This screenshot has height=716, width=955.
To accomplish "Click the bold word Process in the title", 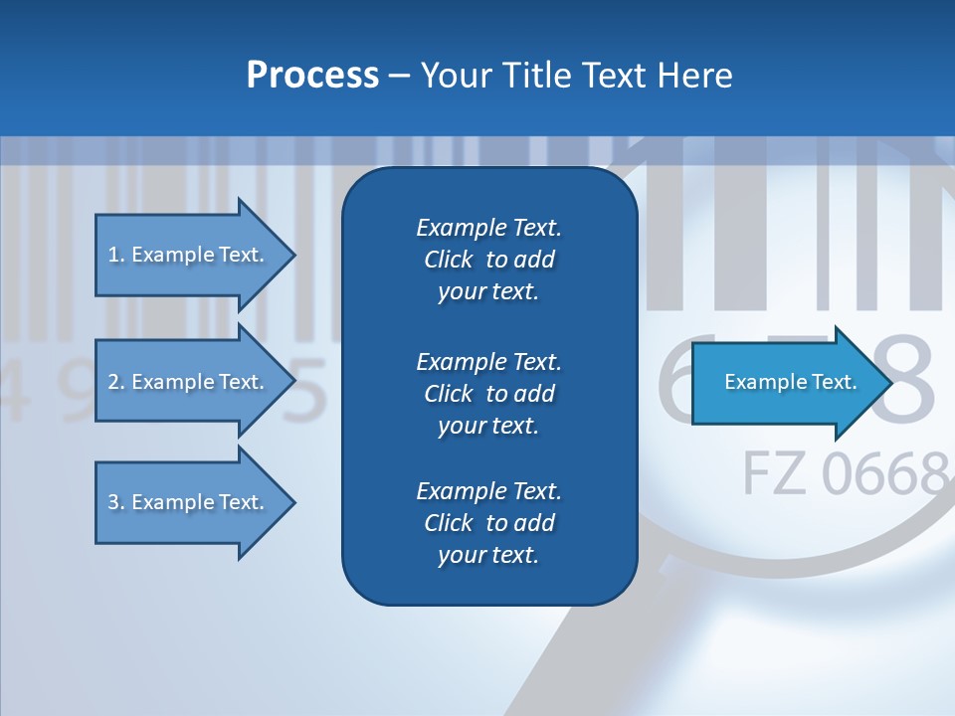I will (312, 76).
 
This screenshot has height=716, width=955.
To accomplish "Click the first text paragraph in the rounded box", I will (488, 260).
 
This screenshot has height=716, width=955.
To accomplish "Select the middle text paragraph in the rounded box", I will (488, 394).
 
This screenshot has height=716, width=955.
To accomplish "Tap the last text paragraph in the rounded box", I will (488, 523).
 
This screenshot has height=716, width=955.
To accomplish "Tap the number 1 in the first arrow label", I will (113, 255).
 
